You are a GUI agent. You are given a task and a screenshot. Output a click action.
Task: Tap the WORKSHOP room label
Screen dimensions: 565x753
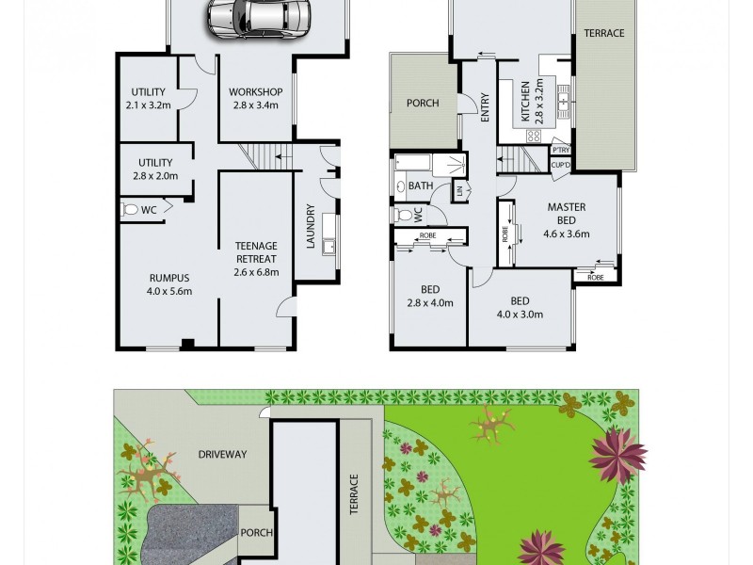[256, 91]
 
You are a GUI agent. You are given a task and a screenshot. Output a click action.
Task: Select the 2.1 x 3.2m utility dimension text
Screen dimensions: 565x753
[148, 105]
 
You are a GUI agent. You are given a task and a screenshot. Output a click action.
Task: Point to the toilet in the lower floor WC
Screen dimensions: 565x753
[131, 209]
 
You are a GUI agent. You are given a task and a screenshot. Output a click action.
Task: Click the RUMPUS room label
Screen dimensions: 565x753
[169, 278]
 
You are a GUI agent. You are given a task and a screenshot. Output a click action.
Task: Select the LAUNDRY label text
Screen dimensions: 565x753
[310, 227]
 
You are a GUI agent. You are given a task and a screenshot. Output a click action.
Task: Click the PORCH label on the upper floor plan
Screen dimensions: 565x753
[423, 104]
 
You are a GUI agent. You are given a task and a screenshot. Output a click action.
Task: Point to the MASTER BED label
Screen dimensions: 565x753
[567, 214]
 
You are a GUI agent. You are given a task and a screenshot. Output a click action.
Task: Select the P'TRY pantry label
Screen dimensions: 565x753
[561, 150]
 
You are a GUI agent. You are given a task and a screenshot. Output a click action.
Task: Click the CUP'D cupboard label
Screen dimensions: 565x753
[561, 165]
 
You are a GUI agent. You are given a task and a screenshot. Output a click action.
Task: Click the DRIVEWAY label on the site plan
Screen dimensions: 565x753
[222, 454]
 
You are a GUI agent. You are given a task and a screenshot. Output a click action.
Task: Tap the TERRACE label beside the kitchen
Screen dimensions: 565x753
[603, 33]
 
